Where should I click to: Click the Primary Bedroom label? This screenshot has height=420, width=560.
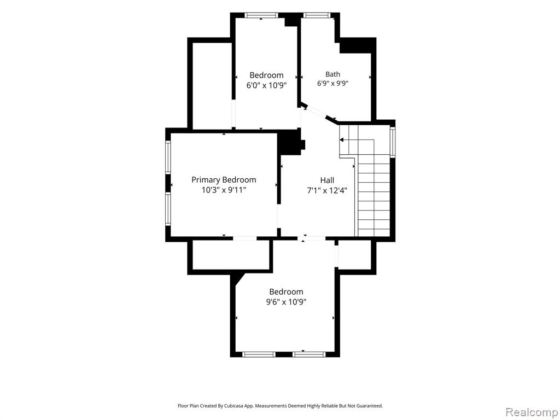click(224, 179)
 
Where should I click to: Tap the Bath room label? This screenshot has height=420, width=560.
click(332, 74)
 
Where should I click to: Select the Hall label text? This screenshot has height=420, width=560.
click(327, 180)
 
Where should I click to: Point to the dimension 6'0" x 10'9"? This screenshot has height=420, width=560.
click(266, 85)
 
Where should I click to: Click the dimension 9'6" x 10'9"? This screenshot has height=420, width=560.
click(286, 302)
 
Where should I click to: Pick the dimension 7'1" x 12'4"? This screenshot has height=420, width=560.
click(327, 191)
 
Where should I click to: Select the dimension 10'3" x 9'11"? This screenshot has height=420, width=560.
click(224, 190)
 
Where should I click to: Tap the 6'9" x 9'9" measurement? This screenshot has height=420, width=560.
click(332, 84)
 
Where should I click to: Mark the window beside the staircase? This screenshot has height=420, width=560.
click(393, 142)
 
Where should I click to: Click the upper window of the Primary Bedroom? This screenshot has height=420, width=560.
click(168, 157)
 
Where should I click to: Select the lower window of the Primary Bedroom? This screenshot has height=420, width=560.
click(168, 209)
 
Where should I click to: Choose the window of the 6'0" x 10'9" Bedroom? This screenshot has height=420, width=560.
click(261, 15)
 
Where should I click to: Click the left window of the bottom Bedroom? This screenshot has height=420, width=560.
click(259, 354)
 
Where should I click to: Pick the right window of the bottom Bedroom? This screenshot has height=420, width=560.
click(309, 354)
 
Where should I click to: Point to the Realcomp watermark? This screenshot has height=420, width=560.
click(532, 412)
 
